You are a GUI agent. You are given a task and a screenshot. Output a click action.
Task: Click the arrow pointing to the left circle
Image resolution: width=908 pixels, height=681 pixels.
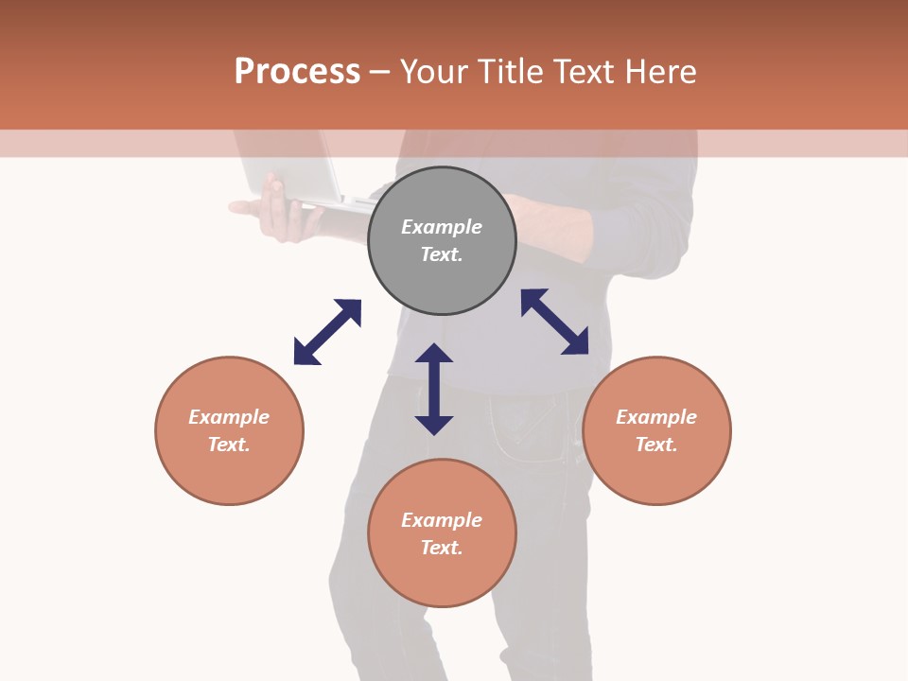(x=327, y=332)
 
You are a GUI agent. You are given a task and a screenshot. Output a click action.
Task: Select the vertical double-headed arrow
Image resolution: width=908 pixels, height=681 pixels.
(x=434, y=389)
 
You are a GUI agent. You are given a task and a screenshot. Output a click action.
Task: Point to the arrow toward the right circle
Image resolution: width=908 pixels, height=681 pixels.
(x=554, y=322)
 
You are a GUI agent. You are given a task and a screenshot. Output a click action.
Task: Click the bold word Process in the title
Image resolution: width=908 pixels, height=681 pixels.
(x=297, y=71)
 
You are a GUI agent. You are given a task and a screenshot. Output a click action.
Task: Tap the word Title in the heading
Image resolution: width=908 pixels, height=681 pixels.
(x=511, y=71)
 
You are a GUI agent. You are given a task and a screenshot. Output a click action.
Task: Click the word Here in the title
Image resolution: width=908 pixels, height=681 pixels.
(x=661, y=71)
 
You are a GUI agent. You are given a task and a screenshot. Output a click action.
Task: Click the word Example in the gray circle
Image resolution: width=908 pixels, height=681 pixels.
(x=442, y=227)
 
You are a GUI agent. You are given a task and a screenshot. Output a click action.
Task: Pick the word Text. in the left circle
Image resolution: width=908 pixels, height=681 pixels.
(x=229, y=445)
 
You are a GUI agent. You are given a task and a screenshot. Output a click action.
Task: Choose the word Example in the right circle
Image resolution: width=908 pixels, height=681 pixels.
(x=656, y=417)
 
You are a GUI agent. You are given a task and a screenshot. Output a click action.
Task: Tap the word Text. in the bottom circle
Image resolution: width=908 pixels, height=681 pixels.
(x=442, y=548)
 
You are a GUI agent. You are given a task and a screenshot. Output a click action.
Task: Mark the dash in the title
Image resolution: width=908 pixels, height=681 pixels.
(x=380, y=72)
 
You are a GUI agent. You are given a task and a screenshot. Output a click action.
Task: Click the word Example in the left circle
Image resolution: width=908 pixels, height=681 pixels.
(x=229, y=417)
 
